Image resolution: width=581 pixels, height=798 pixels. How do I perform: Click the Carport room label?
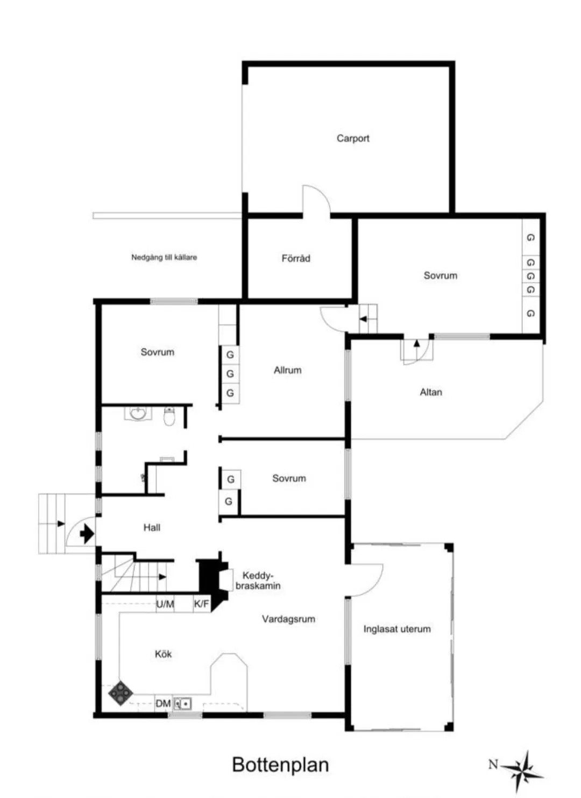pos(353,138)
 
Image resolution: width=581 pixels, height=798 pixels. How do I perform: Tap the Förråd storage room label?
pos(296,258)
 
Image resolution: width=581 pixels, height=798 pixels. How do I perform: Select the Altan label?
pos(431,392)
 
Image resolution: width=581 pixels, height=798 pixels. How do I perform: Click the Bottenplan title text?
pos(280,765)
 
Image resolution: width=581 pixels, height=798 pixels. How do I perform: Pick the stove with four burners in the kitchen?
pos(121,693)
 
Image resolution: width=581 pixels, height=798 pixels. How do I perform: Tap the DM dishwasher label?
pos(163,703)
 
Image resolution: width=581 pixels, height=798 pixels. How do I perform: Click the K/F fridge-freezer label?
pos(202,604)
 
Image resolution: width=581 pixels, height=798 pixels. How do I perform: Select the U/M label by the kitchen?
pos(165,604)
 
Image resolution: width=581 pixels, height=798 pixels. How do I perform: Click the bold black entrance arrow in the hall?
pos(87,534)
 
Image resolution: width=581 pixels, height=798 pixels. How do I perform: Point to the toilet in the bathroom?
pos(169,416)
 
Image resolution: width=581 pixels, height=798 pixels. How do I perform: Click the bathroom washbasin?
pos(139,414)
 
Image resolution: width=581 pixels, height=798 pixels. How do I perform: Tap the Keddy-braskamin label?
pos(258,581)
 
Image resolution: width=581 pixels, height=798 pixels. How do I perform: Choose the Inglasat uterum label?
pos(397,629)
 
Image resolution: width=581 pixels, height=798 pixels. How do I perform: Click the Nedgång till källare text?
pos(164,257)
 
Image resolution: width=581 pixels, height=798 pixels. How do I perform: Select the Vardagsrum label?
pos(288,619)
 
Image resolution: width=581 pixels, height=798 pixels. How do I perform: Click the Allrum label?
pos(287,370)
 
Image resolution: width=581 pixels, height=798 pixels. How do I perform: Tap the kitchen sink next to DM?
pos(183,703)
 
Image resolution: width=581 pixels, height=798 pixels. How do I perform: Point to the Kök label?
pos(163,654)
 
